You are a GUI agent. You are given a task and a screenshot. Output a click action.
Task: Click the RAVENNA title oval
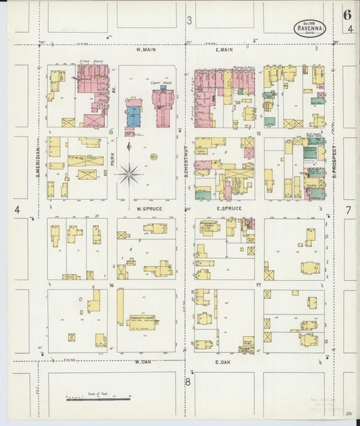point(310,28)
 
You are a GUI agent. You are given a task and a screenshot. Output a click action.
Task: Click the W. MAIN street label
point(147,49)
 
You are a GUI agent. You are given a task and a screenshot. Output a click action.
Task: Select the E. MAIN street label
point(224,49)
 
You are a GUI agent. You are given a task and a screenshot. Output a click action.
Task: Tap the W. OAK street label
point(142,361)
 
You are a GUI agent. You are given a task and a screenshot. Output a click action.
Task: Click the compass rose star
point(128,174)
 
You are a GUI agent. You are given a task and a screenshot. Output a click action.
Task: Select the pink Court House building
point(163,105)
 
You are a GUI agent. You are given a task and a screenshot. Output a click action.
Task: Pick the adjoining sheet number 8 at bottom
point(189,381)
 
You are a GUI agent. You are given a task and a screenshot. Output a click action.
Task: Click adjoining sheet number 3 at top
point(189,21)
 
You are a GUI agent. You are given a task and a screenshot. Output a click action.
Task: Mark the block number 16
point(110,286)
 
